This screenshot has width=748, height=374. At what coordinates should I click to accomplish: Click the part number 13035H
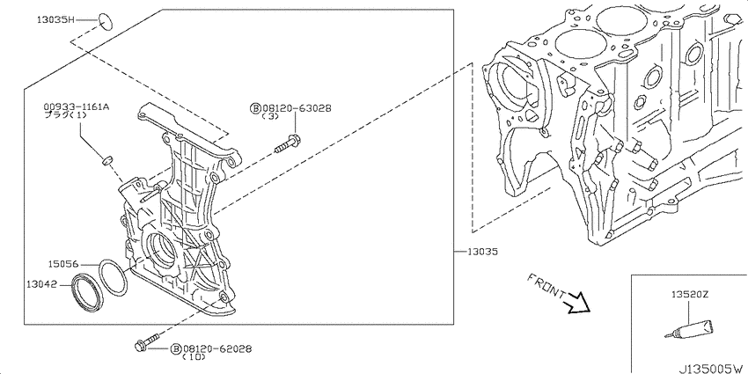point(56,20)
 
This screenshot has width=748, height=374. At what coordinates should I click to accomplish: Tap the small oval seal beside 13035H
point(106,21)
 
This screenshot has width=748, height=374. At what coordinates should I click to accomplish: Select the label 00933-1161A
point(77,106)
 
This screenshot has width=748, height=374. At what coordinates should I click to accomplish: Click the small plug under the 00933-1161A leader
point(106,160)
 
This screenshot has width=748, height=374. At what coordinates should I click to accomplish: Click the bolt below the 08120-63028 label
point(288,143)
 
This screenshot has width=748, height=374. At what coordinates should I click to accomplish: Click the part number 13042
point(41,284)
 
